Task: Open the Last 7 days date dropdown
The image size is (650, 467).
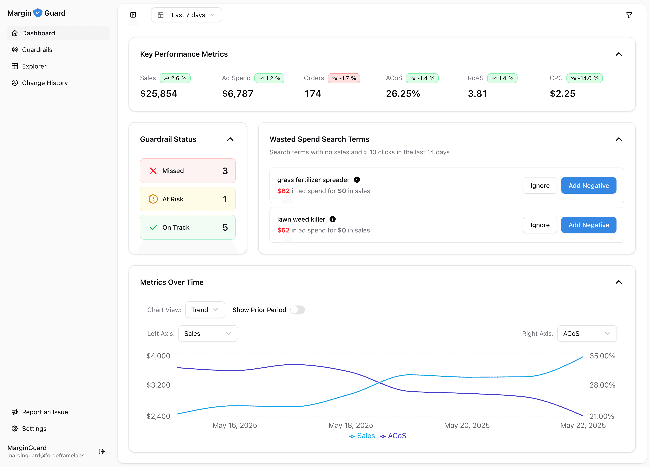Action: coord(186,15)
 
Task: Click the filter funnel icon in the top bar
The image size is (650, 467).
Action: coord(629,15)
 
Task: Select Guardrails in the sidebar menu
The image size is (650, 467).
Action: coord(37,50)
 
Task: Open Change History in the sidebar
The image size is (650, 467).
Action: coord(45,83)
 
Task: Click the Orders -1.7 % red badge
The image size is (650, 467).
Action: coord(344,78)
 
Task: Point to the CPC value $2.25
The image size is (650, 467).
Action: coord(562,94)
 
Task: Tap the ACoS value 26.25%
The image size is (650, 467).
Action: coord(403,94)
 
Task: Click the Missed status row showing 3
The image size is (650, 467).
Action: coord(188,171)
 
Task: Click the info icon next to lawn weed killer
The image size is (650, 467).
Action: coord(333,219)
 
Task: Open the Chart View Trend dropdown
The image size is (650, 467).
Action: coord(205,310)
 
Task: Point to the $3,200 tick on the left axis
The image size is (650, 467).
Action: coord(158,385)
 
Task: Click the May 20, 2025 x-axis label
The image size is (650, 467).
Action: coord(467,425)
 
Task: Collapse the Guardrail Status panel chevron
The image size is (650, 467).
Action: coord(230,139)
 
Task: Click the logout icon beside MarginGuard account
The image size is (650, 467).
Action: coord(102,452)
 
